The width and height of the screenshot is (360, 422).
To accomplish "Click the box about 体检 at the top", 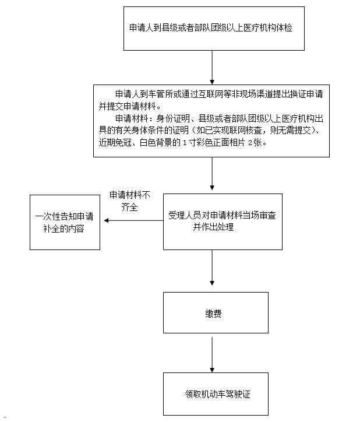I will click(x=213, y=28).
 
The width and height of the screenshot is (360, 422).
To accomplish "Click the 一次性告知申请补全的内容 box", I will click(x=65, y=222).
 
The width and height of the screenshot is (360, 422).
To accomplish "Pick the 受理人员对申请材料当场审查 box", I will click(x=222, y=221).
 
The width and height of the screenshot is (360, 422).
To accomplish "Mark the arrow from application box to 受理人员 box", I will click(x=212, y=175).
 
